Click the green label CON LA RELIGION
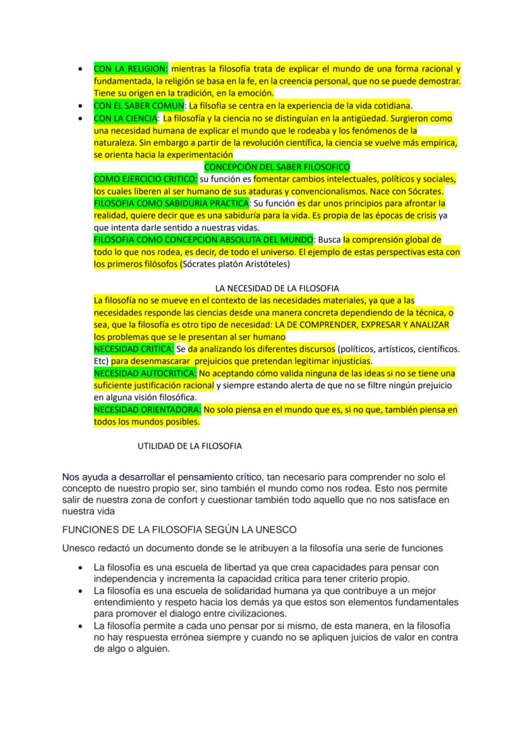tap(131, 68)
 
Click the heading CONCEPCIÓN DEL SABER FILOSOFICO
tap(277, 167)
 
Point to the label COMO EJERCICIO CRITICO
tap(145, 179)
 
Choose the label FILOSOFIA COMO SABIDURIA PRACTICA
tap(171, 203)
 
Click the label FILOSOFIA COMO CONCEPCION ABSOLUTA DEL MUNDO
tap(203, 240)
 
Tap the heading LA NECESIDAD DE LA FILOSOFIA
tap(277, 288)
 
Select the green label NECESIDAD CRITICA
tap(133, 349)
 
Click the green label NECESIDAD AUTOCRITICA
tap(145, 373)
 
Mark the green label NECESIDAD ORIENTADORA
tap(147, 410)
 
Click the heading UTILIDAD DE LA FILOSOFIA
tap(189, 446)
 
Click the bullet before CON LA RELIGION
tap(80, 69)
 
